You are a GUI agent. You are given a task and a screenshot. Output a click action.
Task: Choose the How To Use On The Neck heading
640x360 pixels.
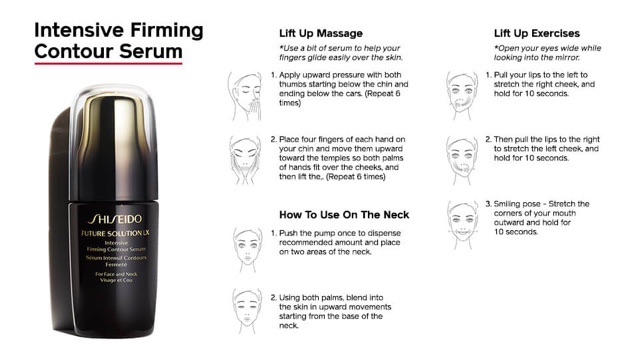(x=344, y=214)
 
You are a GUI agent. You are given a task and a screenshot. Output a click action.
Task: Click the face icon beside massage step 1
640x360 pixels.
(x=244, y=89)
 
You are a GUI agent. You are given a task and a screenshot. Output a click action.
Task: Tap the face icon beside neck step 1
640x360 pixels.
(x=244, y=245)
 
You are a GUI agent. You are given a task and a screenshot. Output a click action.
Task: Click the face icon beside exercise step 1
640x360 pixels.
(x=461, y=89)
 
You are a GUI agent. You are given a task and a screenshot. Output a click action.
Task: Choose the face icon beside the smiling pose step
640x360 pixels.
(x=461, y=217)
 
